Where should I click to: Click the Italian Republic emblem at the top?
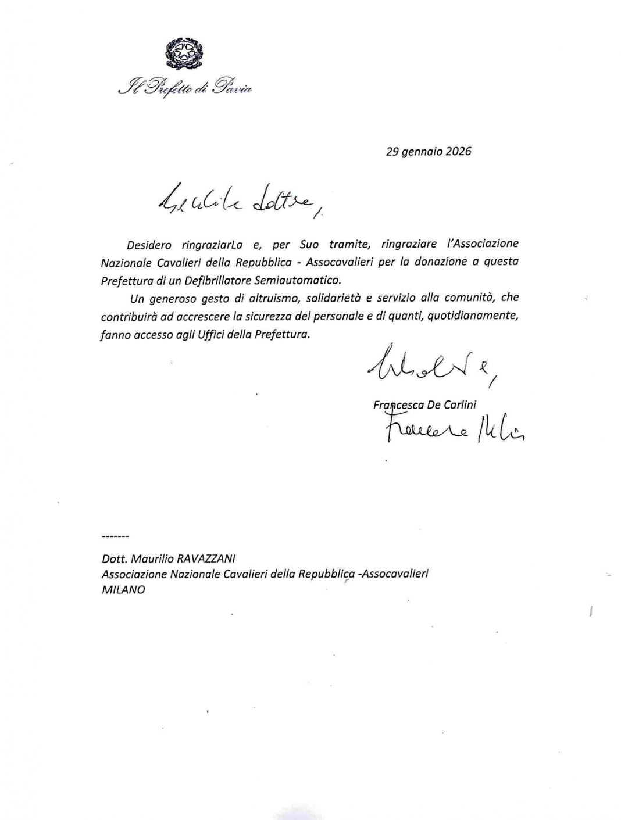tap(184, 53)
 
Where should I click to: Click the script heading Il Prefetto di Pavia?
tap(184, 88)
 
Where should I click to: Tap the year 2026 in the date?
tap(458, 152)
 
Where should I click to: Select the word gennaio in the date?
tap(420, 152)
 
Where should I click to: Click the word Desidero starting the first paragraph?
tap(149, 245)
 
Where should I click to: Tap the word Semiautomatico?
tap(298, 280)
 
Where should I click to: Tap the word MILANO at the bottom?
tap(123, 589)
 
